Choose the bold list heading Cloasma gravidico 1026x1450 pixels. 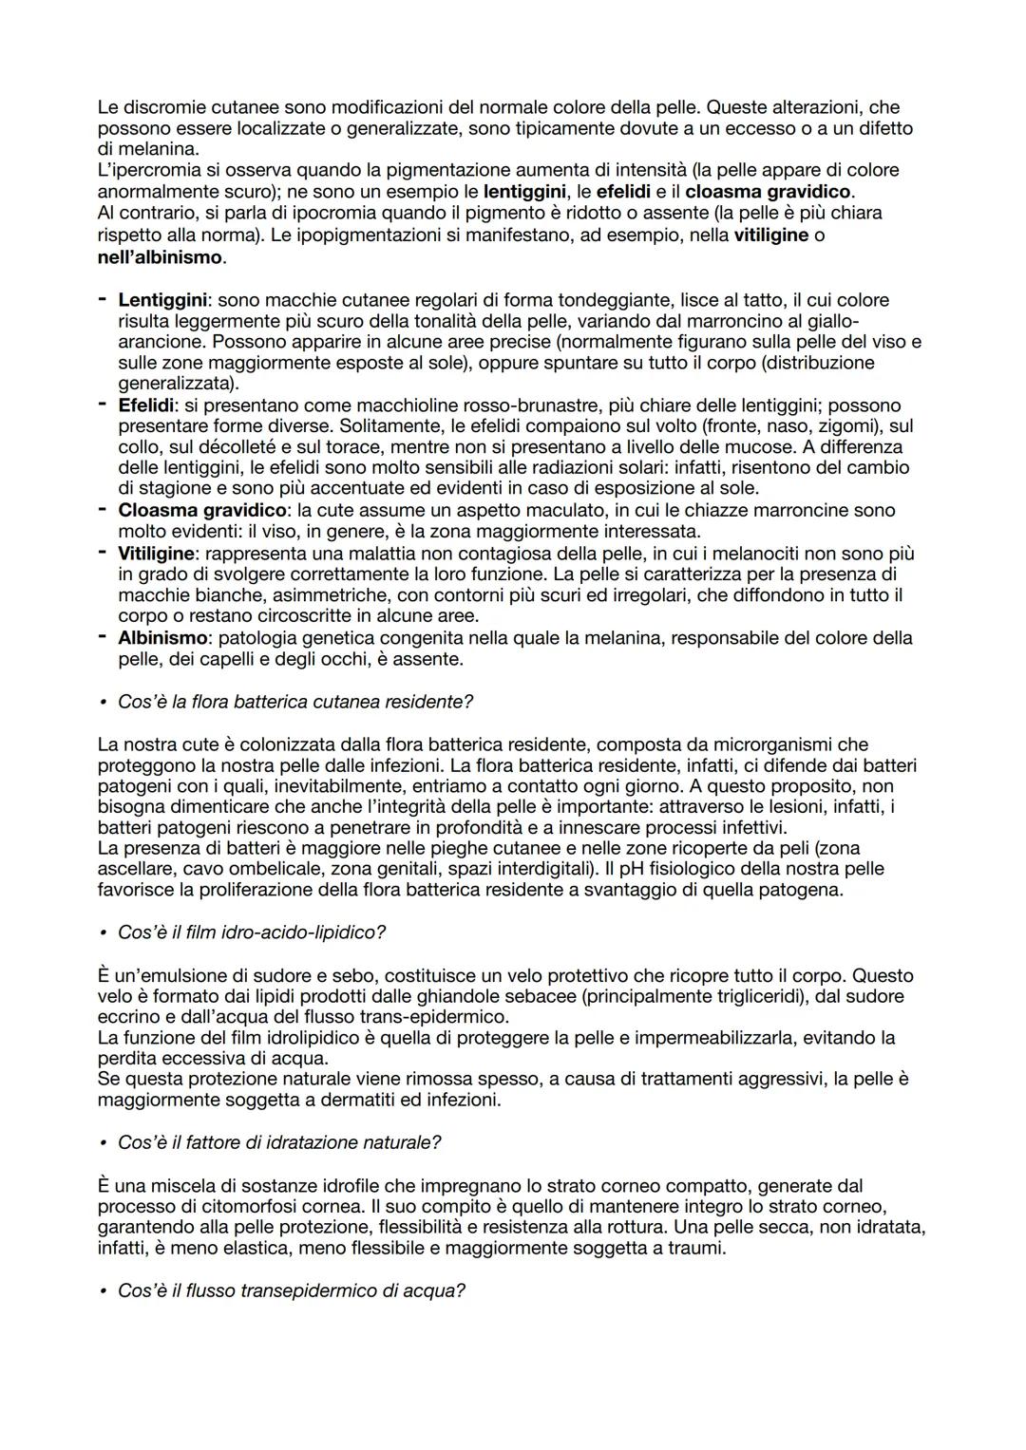(x=200, y=510)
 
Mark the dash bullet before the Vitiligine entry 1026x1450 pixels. (x=103, y=552)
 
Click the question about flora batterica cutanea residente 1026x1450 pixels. (x=294, y=702)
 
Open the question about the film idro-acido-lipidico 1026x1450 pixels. (x=251, y=932)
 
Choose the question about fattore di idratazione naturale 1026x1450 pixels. (x=278, y=1142)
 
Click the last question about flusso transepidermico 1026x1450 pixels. (x=291, y=1291)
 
